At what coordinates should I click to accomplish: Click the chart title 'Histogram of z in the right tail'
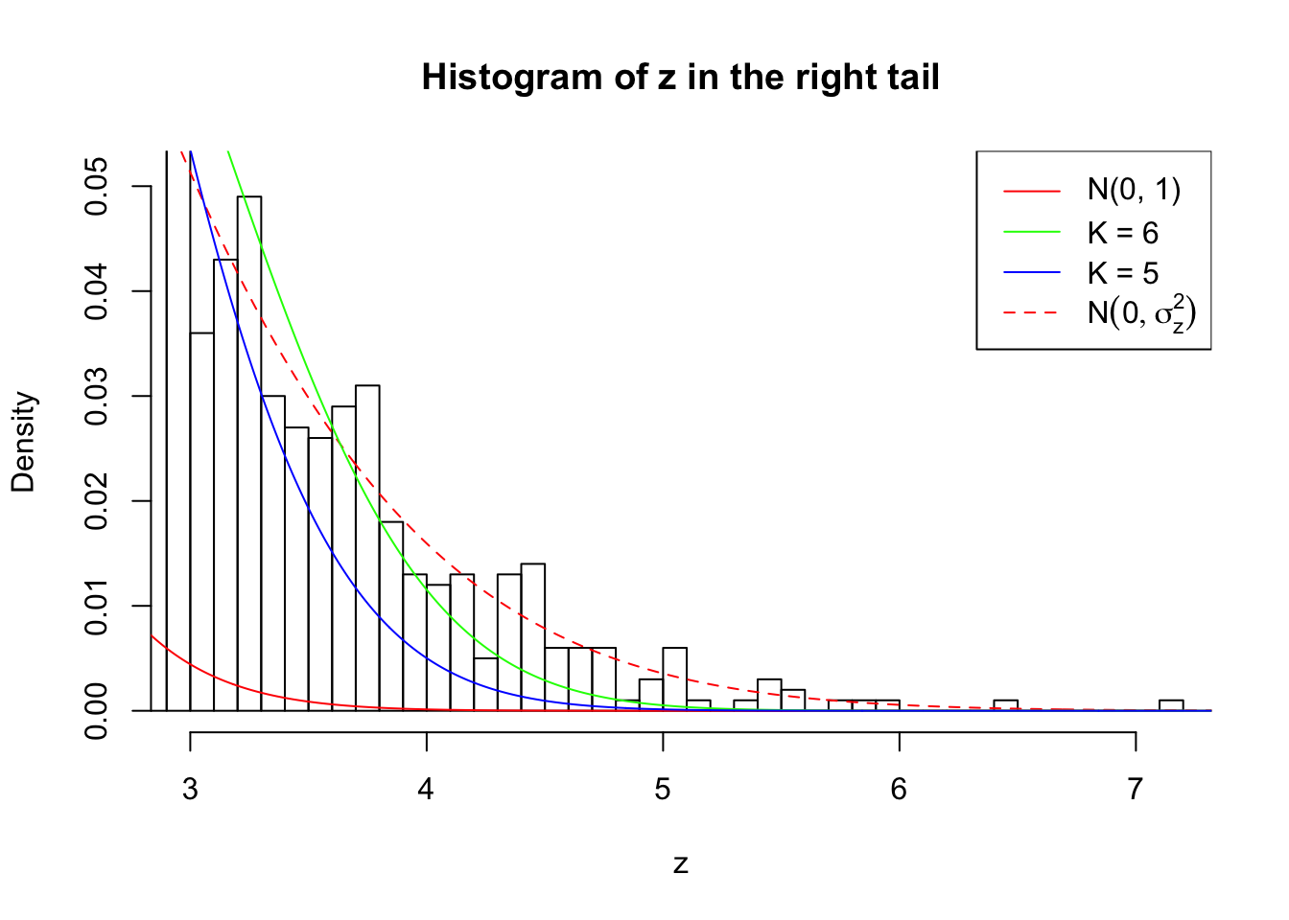coord(680,78)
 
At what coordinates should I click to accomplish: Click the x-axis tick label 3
coord(190,789)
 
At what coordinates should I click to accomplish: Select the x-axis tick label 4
coord(426,789)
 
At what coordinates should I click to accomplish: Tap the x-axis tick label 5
coord(663,789)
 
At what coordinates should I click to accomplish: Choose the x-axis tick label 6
coord(899,789)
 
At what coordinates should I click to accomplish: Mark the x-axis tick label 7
coord(1136,789)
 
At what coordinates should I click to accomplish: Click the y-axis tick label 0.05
coord(97,187)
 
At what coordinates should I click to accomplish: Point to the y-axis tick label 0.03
coord(97,397)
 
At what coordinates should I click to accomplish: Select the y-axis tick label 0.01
coord(97,607)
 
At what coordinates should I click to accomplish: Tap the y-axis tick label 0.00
coord(97,711)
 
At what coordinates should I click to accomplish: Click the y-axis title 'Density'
coord(23,442)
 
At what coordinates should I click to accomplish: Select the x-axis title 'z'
coord(680,863)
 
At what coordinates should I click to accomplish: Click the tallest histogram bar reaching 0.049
coord(249,450)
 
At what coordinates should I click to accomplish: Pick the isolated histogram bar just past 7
coord(1171,705)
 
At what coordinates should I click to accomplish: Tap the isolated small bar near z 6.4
coord(1005,705)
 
